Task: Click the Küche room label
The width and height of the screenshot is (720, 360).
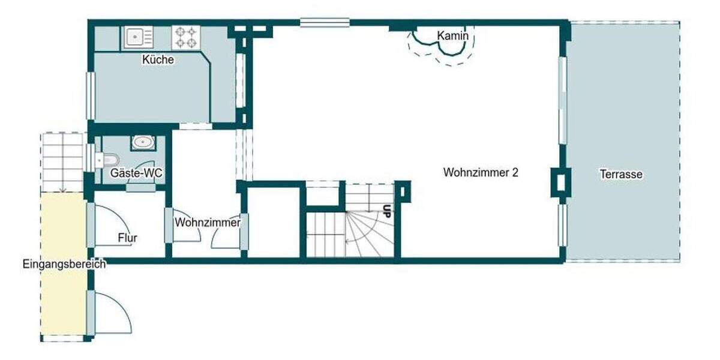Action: [158, 60]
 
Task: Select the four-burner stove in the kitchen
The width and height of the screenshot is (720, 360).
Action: [185, 38]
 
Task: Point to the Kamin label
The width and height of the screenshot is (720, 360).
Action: [452, 36]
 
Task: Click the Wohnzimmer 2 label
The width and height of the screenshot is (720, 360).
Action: [481, 173]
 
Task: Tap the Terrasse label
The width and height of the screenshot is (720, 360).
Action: [621, 175]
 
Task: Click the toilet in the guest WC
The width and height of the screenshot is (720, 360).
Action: [109, 160]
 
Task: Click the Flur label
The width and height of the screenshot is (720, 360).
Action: [127, 238]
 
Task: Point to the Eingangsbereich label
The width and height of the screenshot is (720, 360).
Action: [64, 264]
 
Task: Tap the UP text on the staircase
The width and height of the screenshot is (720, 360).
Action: [387, 211]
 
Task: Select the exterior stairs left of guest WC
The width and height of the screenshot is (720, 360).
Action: [62, 161]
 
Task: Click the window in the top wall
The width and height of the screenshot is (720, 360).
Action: [325, 23]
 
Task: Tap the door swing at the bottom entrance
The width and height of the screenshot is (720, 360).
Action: [113, 312]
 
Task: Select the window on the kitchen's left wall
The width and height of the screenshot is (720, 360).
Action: [91, 95]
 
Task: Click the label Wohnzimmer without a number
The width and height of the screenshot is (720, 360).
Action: [208, 223]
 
